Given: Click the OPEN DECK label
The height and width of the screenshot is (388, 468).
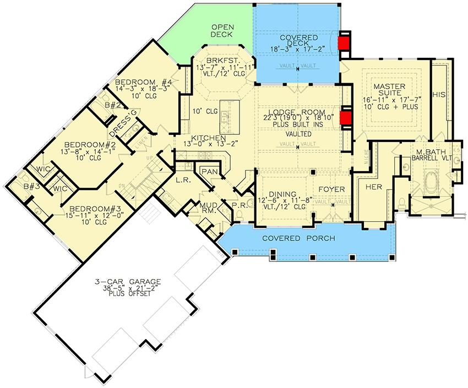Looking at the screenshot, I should [224, 30].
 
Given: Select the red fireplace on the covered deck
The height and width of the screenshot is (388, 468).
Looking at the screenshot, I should [345, 43].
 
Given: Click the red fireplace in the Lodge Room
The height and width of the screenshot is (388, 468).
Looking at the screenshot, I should [345, 118].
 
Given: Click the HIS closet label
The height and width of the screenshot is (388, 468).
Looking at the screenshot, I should [439, 94].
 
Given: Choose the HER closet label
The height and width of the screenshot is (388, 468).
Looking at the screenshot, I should [374, 187].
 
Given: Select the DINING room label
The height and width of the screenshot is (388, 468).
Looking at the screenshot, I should [283, 194].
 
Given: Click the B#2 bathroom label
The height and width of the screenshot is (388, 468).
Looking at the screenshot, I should [112, 105].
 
